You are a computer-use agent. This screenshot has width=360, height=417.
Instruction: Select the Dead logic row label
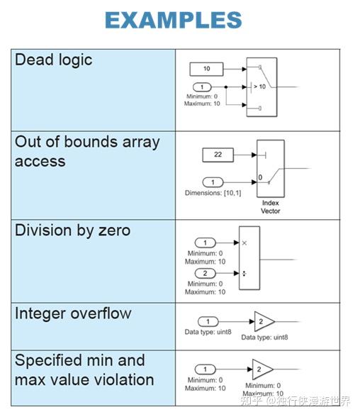click(x=54, y=60)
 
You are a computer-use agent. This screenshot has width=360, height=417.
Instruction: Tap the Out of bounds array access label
click(x=86, y=152)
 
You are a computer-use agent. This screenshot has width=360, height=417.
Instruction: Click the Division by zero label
click(x=72, y=231)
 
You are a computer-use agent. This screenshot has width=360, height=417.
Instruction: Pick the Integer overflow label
click(x=73, y=313)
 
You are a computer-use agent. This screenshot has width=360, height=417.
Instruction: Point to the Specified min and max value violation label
click(x=84, y=369)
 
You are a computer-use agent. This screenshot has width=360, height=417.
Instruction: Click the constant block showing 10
click(x=206, y=69)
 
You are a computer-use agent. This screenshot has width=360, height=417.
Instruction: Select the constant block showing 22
click(x=218, y=154)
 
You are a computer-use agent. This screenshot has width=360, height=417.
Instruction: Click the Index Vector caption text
click(x=270, y=207)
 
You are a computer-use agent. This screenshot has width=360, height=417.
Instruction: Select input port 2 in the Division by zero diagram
click(x=206, y=273)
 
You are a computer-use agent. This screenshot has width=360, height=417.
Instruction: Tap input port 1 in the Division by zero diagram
click(x=206, y=243)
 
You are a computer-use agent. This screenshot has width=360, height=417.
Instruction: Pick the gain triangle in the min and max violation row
click(x=261, y=369)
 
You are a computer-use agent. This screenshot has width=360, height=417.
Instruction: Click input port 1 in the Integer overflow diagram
click(x=208, y=321)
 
